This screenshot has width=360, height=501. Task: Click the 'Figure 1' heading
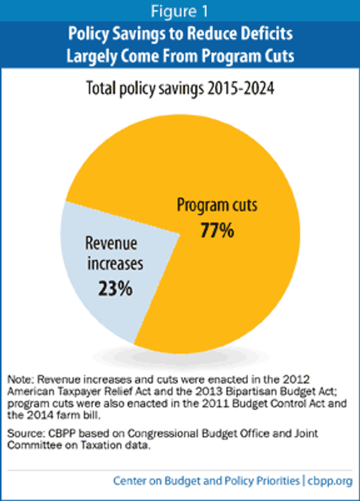tap(180, 11)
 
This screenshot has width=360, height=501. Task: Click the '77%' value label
tap(217, 230)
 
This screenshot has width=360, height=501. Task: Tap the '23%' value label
tap(115, 288)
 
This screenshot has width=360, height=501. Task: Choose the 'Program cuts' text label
tap(217, 205)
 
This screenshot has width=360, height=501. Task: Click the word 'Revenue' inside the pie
tap(111, 243)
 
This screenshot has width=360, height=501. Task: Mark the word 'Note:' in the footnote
tap(21, 379)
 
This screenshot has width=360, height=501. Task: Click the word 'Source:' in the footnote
tap(26, 433)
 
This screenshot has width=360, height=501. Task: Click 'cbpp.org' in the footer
tap(330, 481)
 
